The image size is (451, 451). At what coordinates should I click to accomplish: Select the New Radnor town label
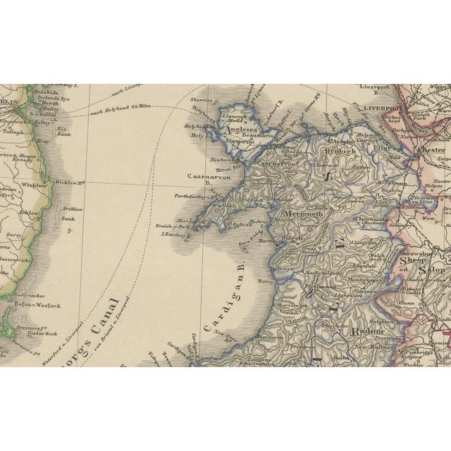[x=370, y=347]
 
